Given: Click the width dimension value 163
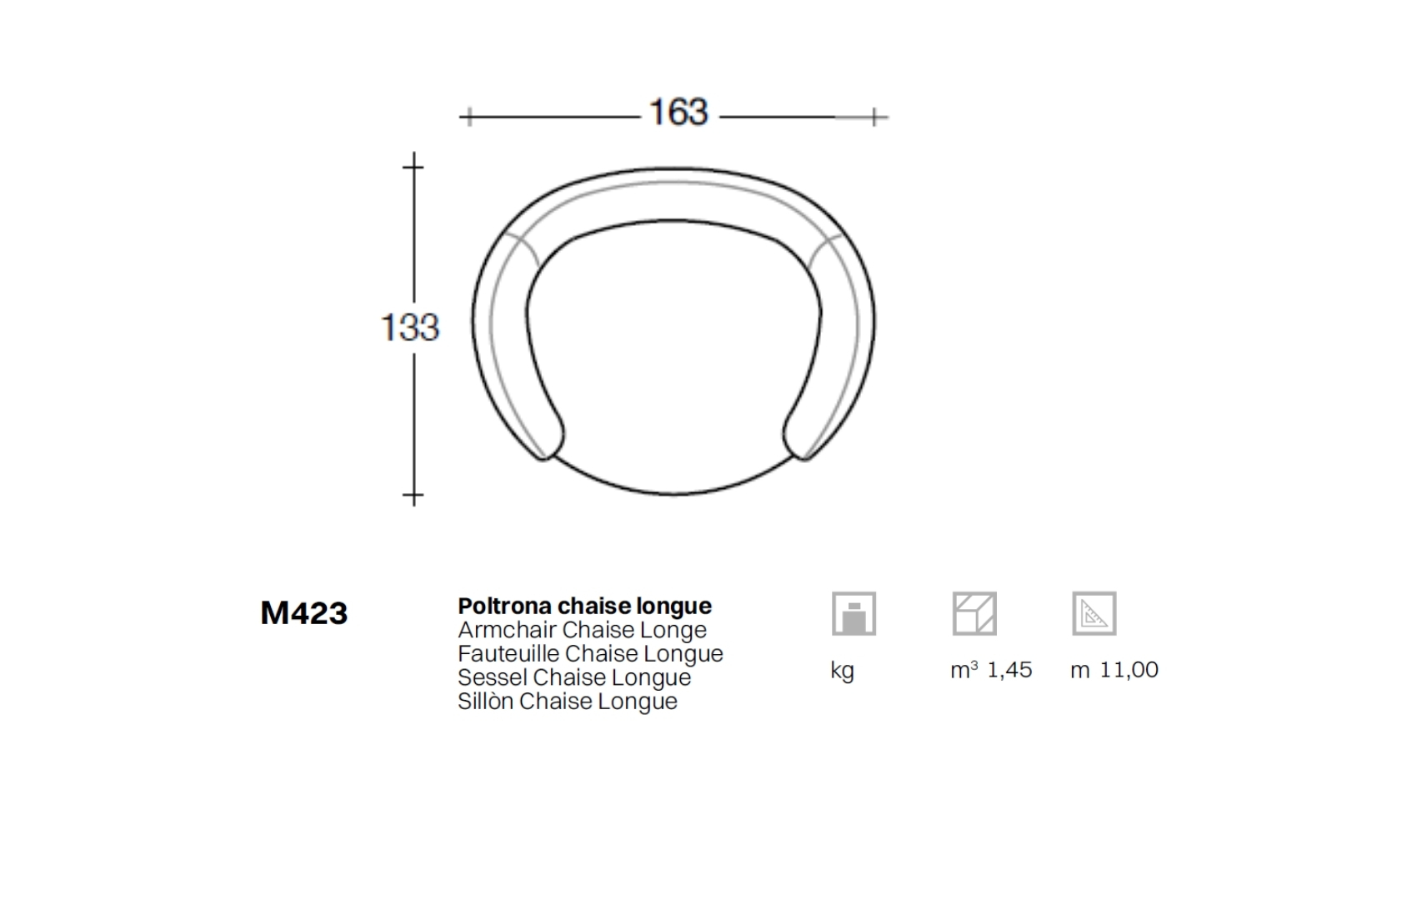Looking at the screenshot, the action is (x=678, y=113).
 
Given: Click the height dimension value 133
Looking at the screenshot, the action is (x=410, y=328).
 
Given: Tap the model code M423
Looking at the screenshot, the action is (x=304, y=613).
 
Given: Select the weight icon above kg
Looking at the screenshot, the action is (x=854, y=613).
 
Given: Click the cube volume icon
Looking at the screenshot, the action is (x=975, y=613).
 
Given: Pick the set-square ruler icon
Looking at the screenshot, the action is (x=1094, y=613).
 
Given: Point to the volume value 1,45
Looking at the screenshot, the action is (x=1009, y=670).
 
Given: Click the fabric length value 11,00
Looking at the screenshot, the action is (x=1129, y=670).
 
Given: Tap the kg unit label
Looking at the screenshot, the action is (x=843, y=671).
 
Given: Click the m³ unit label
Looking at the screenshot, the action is (x=964, y=670).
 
